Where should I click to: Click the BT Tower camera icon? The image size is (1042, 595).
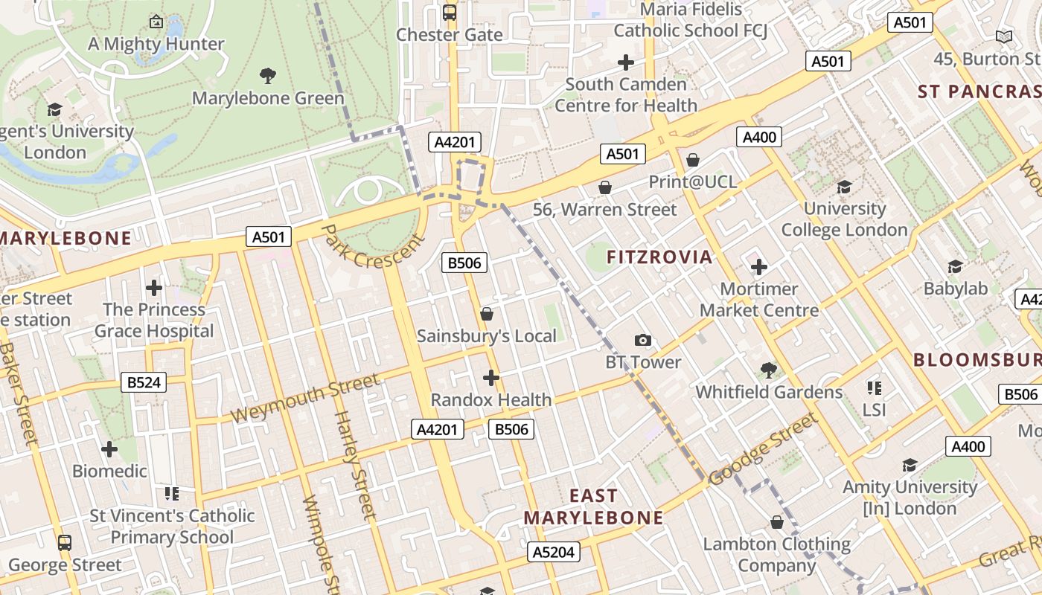tap(643, 341)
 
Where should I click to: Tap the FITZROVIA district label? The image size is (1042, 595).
tap(659, 257)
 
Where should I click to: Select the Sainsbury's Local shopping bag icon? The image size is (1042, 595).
tap(487, 314)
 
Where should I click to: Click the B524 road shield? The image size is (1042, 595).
tap(144, 383)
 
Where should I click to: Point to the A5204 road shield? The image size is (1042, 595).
tap(554, 552)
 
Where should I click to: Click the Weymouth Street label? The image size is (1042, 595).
tap(305, 399)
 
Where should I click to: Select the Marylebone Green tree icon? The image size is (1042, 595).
tap(268, 75)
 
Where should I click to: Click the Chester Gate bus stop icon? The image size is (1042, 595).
tap(450, 12)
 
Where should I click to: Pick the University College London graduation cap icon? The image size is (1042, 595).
tap(844, 186)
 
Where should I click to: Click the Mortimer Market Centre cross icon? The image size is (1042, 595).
tap(759, 266)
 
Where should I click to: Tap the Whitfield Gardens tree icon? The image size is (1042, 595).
tap(769, 370)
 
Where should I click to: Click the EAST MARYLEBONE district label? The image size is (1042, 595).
tap(593, 506)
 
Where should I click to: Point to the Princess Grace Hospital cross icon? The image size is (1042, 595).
tap(154, 287)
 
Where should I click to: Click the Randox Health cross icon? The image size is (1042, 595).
tap(491, 378)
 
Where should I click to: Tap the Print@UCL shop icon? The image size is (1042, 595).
tap(693, 160)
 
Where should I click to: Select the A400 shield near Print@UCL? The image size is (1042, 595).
tap(759, 137)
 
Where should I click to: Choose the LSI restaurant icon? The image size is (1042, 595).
tap(875, 387)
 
